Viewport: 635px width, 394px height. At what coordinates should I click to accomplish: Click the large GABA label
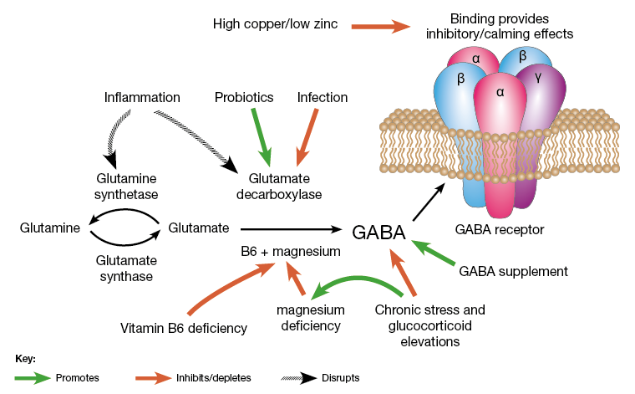tap(378, 233)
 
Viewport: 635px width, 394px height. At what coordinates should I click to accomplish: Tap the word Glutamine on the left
tap(50, 227)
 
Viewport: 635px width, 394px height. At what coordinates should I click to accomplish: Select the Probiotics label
tap(244, 98)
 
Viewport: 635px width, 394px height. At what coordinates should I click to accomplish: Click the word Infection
tap(323, 98)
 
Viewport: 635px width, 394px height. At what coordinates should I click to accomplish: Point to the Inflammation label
tap(142, 98)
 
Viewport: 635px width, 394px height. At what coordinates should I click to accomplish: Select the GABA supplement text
tap(514, 271)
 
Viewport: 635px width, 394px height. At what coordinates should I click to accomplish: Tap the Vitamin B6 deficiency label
tap(184, 328)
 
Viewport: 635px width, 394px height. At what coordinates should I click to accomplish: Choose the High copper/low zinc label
tap(275, 25)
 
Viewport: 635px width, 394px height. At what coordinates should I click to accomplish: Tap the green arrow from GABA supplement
tap(434, 253)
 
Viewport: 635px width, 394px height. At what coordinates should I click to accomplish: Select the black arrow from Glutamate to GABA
tap(292, 228)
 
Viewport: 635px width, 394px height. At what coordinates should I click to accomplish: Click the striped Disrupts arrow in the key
tap(292, 377)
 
